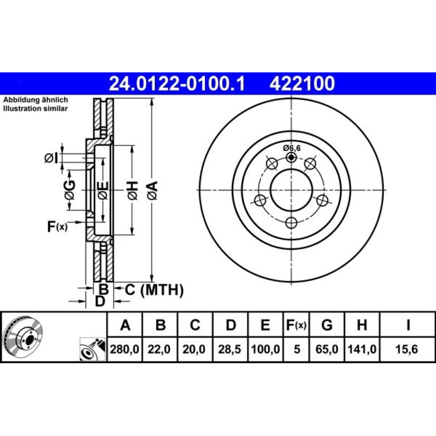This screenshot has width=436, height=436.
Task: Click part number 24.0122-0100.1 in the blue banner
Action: click(177, 84)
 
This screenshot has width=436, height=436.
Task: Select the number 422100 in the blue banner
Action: click(302, 84)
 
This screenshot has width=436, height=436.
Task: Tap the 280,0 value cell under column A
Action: click(125, 349)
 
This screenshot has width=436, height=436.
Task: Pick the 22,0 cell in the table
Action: click(159, 349)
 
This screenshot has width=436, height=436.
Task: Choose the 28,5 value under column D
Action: click(229, 349)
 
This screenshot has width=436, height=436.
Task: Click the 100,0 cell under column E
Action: click(265, 349)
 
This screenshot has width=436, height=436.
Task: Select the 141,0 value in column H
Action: click(362, 349)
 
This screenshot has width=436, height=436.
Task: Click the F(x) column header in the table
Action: click(296, 325)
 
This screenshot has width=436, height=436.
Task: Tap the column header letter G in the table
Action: click(327, 325)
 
